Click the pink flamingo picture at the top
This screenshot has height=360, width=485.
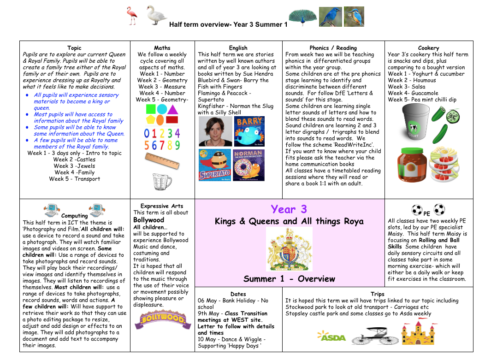pyautogui.click(x=133, y=16)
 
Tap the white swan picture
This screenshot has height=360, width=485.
pyautogui.click(x=156, y=15)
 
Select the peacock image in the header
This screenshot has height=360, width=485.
pyautogui.click(x=302, y=17)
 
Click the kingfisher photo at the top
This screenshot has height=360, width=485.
pyautogui.click(x=354, y=17)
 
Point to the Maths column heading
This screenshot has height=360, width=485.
pyautogui.click(x=162, y=47)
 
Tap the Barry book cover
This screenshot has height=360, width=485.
pyautogui.click(x=249, y=131)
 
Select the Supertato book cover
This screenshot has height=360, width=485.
pyautogui.click(x=214, y=165)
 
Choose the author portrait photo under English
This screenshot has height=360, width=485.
pyautogui.click(x=215, y=131)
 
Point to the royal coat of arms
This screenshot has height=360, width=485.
pyautogui.click(x=289, y=249)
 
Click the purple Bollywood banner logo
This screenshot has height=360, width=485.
pyautogui.click(x=162, y=319)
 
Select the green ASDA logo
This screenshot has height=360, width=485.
pyautogui.click(x=331, y=337)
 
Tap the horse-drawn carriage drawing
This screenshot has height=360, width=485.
pyautogui.click(x=375, y=336)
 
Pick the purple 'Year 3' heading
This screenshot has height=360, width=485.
pyautogui.click(x=289, y=209)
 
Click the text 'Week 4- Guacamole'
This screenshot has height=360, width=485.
pyautogui.click(x=413, y=93)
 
